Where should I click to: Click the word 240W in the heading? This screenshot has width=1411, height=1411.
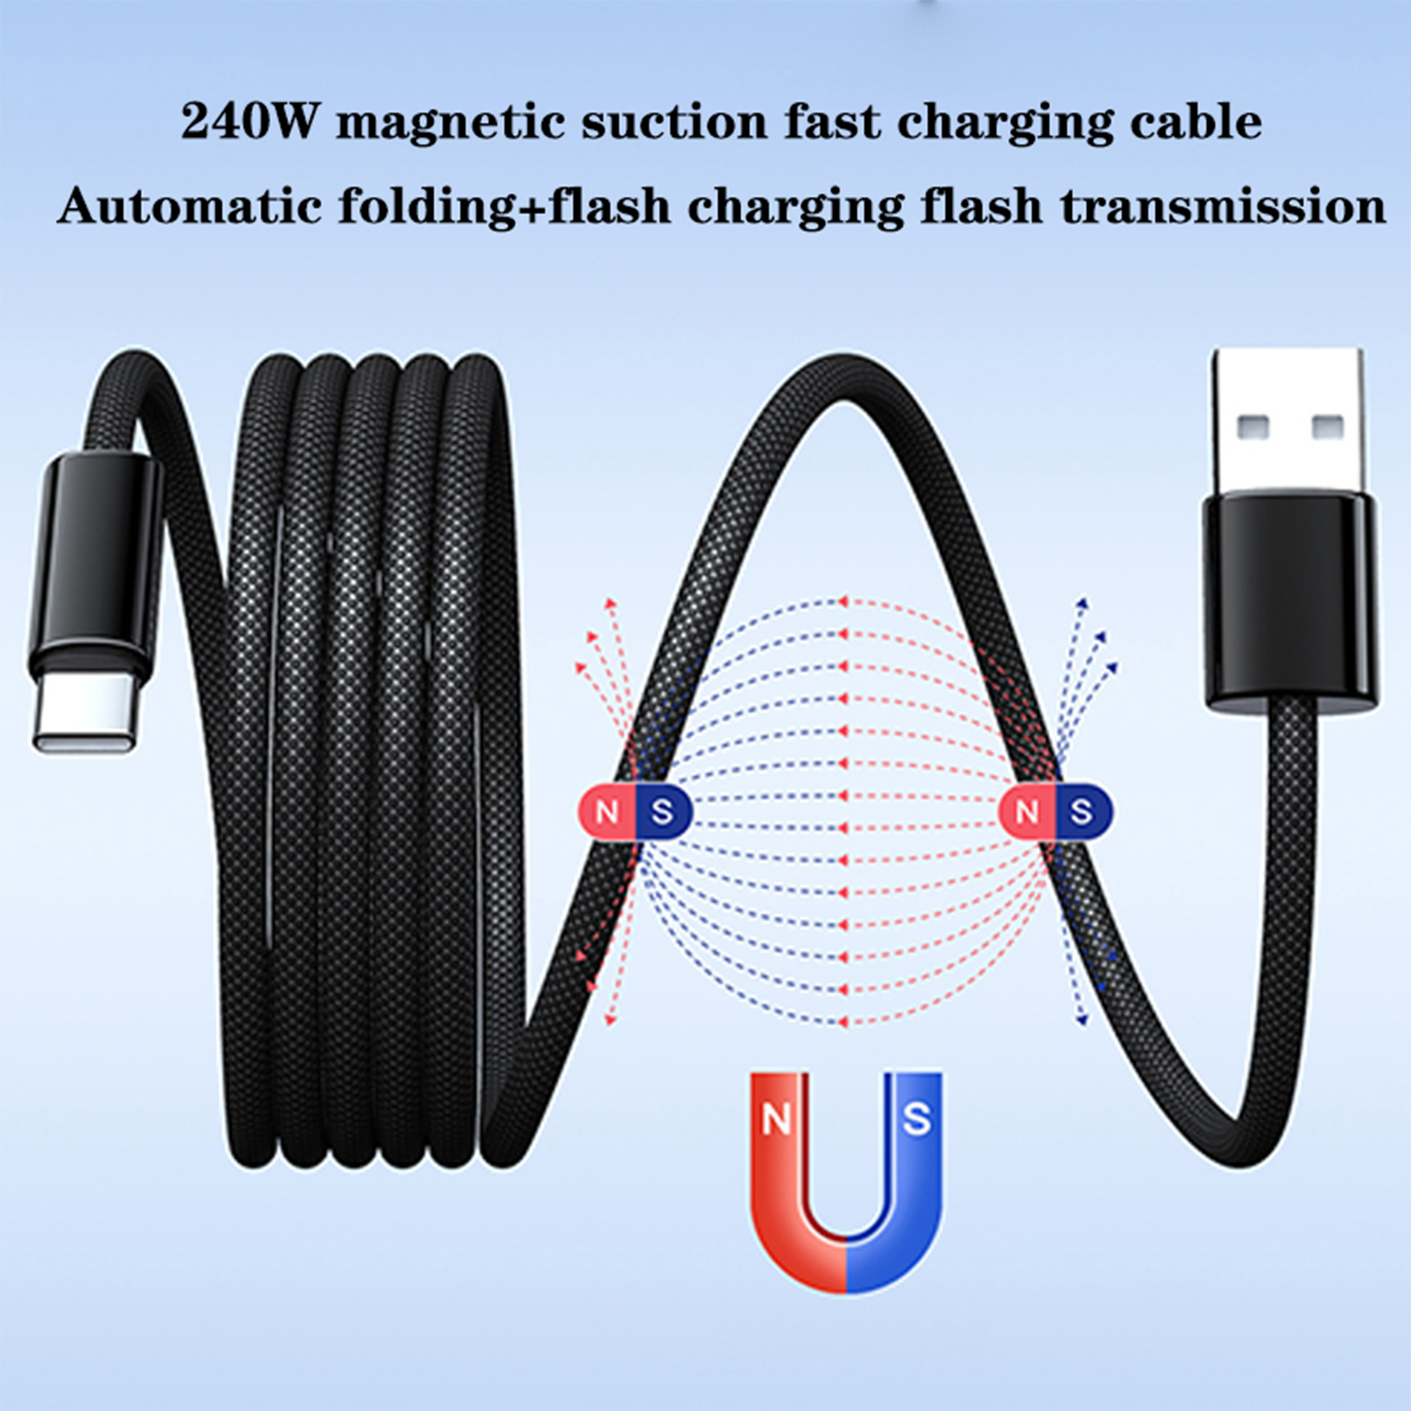click(x=248, y=122)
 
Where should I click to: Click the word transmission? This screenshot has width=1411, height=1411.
click(x=1223, y=206)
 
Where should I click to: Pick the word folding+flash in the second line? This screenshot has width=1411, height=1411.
click(x=504, y=208)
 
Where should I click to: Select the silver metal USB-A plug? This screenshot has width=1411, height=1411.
click(x=1288, y=423)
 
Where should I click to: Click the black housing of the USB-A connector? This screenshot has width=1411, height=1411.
click(x=1289, y=600)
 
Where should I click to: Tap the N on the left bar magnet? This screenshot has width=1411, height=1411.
click(x=607, y=811)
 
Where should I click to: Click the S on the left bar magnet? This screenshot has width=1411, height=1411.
click(x=661, y=811)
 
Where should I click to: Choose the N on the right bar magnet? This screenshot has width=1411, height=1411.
click(x=1027, y=811)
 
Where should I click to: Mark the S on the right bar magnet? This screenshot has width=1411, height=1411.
click(x=1081, y=811)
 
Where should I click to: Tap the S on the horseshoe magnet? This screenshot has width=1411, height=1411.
click(x=916, y=1118)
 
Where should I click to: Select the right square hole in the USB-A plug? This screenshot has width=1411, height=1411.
click(x=1327, y=428)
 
